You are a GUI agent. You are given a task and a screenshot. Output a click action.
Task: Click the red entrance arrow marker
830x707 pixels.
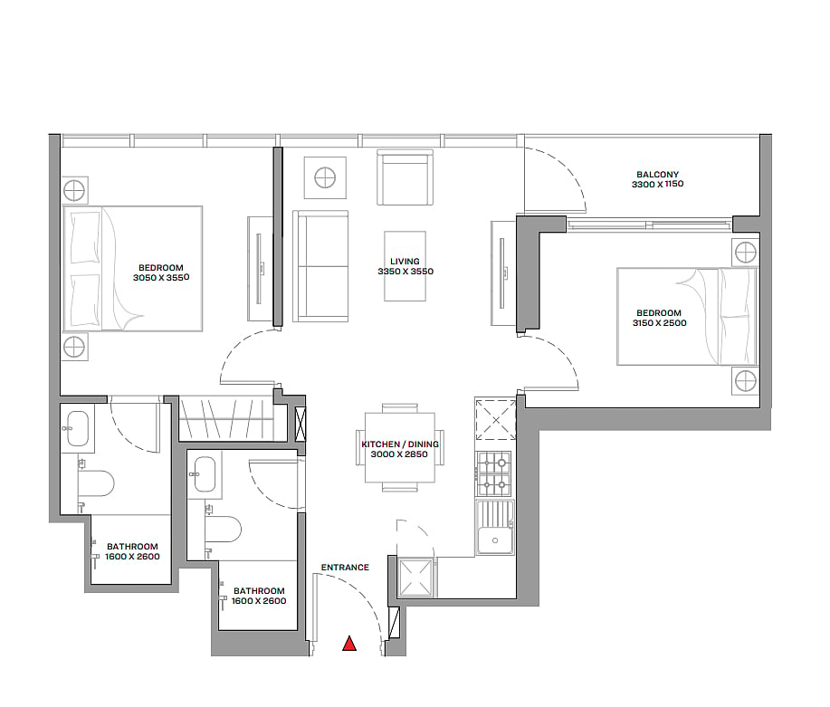349,643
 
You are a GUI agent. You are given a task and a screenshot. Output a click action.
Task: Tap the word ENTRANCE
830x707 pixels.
345,568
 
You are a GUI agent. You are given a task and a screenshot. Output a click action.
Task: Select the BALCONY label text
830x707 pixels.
657,174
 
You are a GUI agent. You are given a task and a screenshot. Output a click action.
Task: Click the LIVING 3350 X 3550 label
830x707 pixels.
405,266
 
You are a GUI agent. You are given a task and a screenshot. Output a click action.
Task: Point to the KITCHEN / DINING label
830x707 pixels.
400,444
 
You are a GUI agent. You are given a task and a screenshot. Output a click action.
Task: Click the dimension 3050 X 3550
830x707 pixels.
161,278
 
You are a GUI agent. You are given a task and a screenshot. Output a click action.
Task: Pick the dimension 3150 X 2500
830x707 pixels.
659,323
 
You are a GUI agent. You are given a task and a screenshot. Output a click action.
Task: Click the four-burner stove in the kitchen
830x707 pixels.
494,473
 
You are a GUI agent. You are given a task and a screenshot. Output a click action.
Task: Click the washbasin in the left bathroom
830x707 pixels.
77,428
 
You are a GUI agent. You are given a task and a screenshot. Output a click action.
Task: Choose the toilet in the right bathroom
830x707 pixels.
223,530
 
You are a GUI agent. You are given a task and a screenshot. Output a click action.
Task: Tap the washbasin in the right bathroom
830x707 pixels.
205,474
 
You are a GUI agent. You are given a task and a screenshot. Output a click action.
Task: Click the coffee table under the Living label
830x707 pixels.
405,266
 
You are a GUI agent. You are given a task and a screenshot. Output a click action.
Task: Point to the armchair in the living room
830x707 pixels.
405,177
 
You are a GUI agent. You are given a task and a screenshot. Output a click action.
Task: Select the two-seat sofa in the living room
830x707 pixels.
320,266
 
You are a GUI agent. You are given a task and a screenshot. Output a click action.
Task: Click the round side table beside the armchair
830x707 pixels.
325,177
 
